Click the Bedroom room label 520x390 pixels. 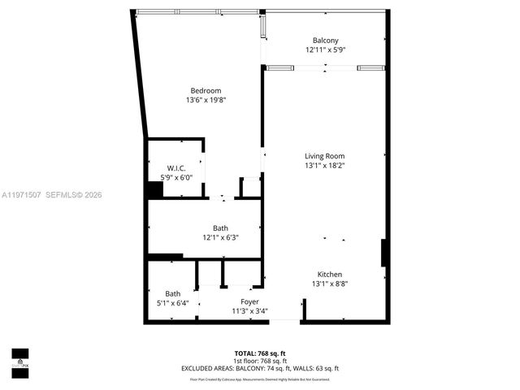click(206, 90)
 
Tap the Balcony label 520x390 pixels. click(325, 41)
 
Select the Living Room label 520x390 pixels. click(324, 156)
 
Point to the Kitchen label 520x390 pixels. click(329, 275)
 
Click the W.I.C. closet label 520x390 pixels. click(176, 168)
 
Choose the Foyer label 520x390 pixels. click(249, 301)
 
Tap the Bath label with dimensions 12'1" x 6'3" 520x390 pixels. click(220, 228)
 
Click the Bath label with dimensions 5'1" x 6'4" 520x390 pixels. click(173, 293)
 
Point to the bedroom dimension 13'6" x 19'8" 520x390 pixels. click(206, 100)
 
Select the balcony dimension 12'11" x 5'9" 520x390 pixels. click(325, 50)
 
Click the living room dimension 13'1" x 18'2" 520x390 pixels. click(324, 166)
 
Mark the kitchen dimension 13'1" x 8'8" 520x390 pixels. click(329, 284)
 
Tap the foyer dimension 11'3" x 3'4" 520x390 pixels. click(249, 310)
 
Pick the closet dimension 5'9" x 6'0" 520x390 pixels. click(176, 177)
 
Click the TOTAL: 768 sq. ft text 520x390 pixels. click(260, 353)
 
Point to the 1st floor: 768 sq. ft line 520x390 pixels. click(260, 361)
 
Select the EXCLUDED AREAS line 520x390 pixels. click(260, 369)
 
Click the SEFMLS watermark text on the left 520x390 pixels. click(52, 195)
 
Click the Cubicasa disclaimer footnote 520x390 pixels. click(260, 379)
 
